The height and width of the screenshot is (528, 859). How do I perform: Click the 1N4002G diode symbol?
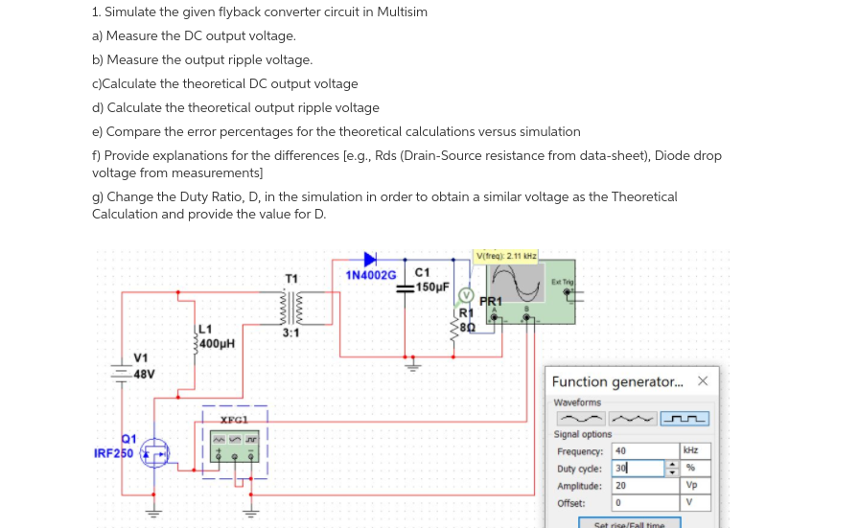click(370, 259)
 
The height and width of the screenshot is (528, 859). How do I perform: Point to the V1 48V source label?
click(142, 366)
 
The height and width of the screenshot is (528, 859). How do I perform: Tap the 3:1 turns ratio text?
click(291, 333)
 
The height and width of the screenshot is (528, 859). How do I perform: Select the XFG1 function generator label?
click(235, 420)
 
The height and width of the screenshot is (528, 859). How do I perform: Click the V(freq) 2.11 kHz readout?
click(507, 255)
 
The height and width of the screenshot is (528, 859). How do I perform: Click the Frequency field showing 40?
click(643, 451)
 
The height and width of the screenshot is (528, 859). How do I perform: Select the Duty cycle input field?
click(638, 469)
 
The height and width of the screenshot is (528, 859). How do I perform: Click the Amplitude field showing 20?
click(643, 486)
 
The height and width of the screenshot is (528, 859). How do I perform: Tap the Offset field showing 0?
click(643, 503)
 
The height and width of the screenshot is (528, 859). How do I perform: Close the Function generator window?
click(703, 381)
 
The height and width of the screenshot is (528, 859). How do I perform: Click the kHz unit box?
click(696, 451)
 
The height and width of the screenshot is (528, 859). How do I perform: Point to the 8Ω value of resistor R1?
click(467, 327)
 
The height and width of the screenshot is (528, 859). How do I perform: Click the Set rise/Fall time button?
click(629, 523)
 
